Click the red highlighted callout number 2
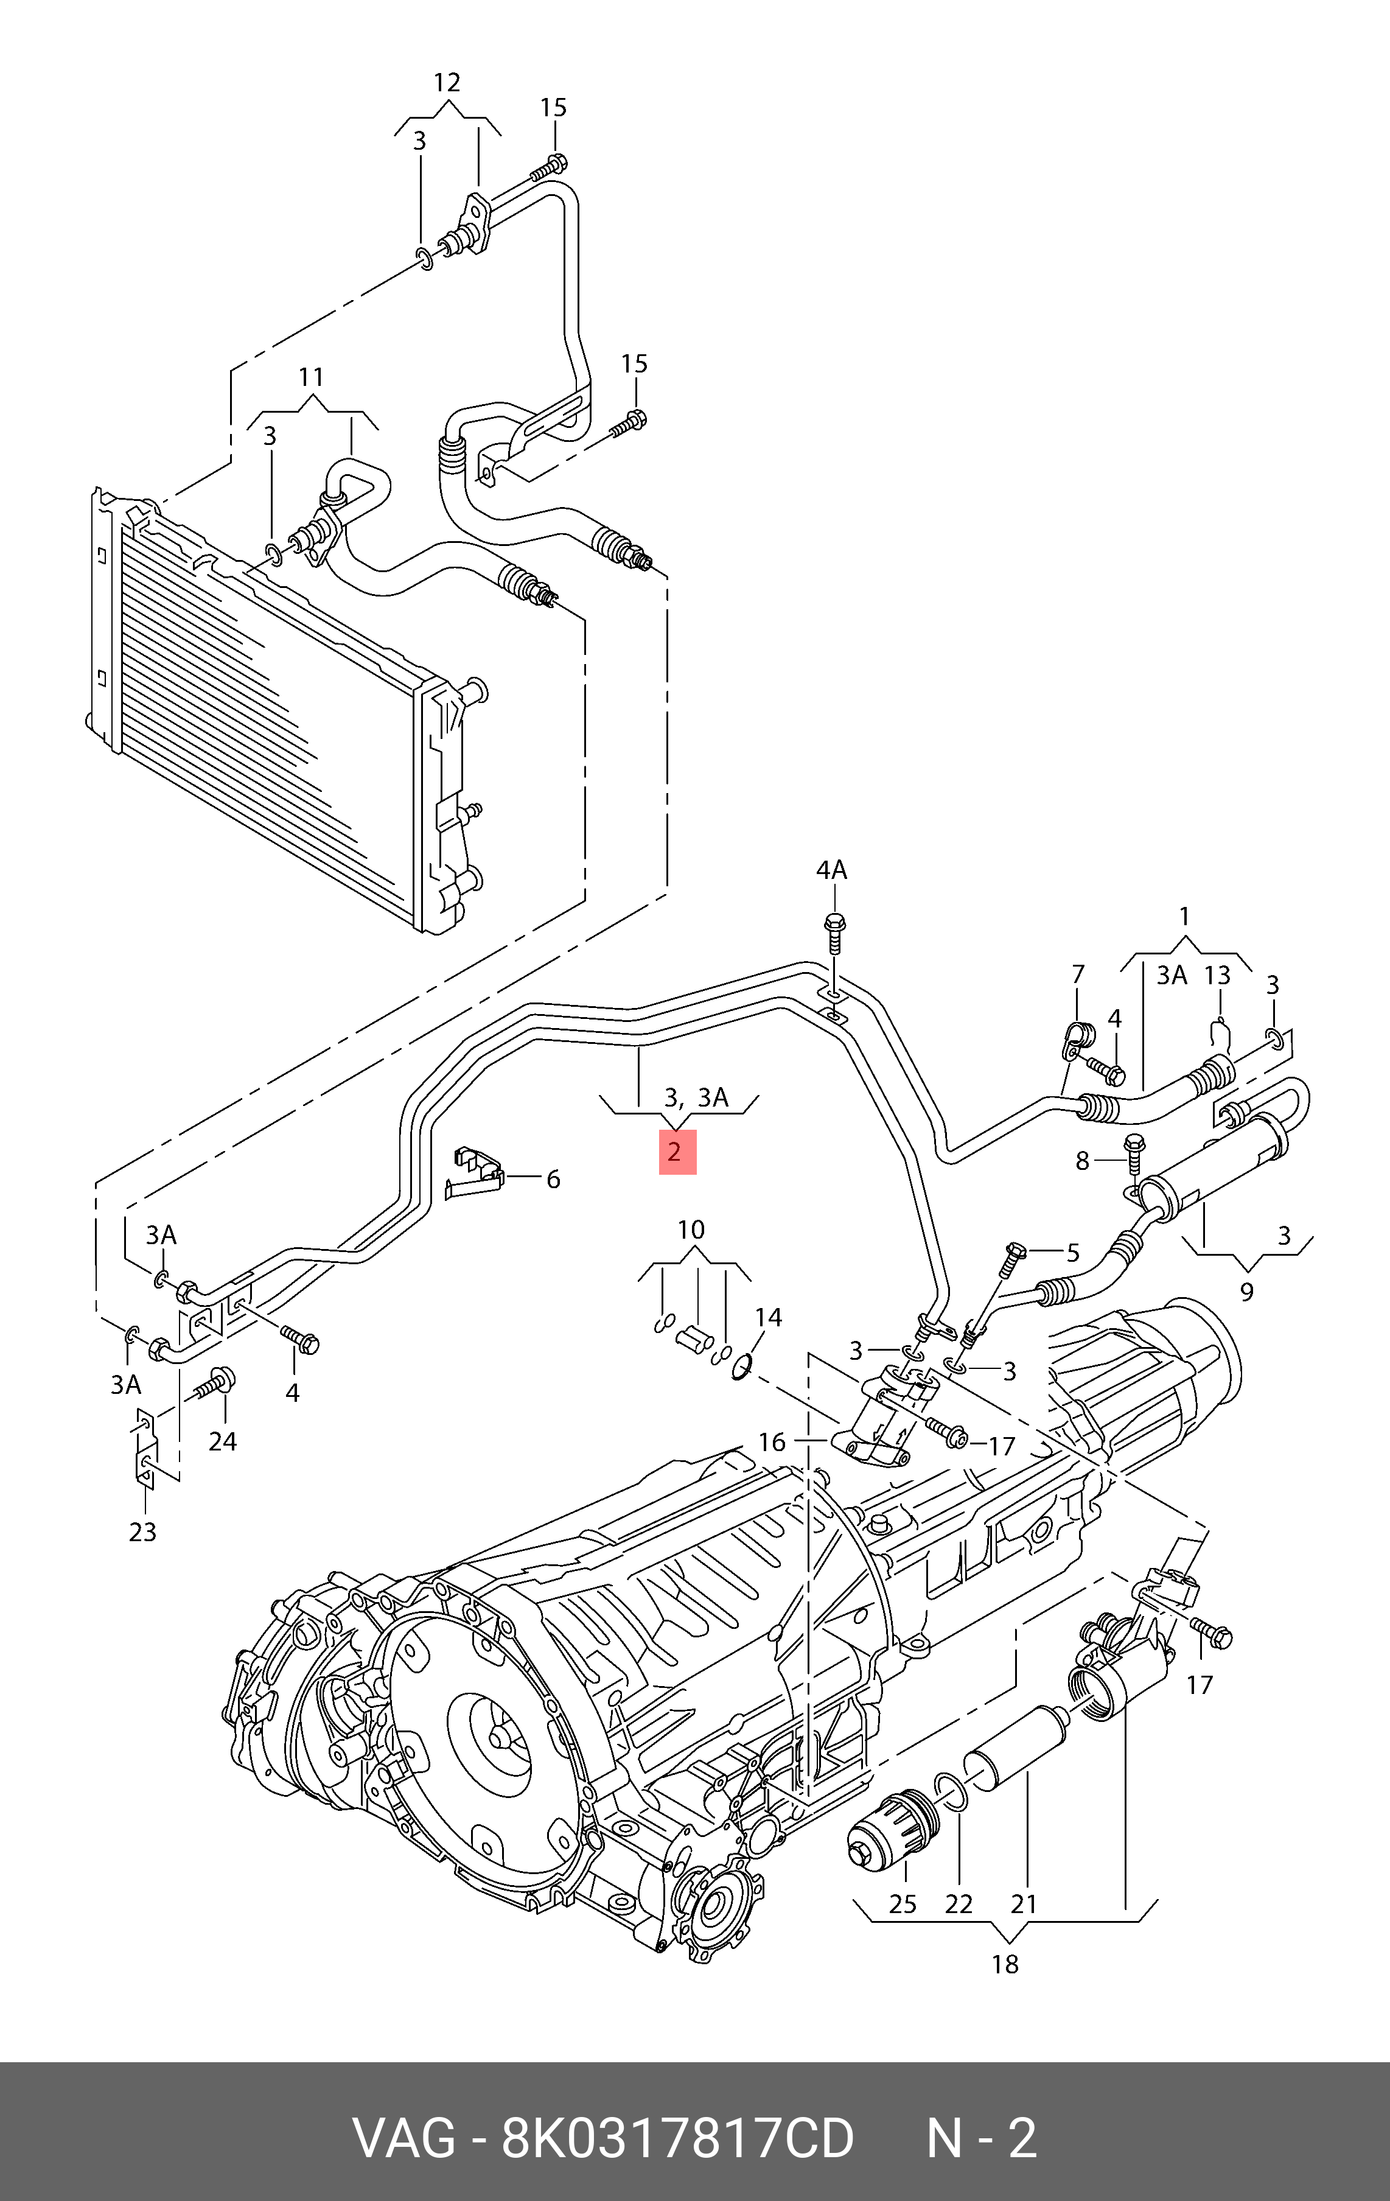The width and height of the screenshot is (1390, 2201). pyautogui.click(x=677, y=1152)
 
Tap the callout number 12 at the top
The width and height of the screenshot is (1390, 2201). pyautogui.click(x=446, y=83)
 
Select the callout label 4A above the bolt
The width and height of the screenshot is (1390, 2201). pyautogui.click(x=831, y=870)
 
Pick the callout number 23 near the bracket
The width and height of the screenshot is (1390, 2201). pyautogui.click(x=142, y=1532)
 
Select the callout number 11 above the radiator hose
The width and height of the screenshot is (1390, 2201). pyautogui.click(x=311, y=377)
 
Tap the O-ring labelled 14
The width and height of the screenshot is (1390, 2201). pyautogui.click(x=741, y=1367)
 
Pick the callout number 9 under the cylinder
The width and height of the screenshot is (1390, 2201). pyautogui.click(x=1246, y=1292)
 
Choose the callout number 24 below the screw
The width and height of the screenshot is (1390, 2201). pyautogui.click(x=222, y=1441)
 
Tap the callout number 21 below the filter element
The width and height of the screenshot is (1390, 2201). pyautogui.click(x=1024, y=1904)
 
